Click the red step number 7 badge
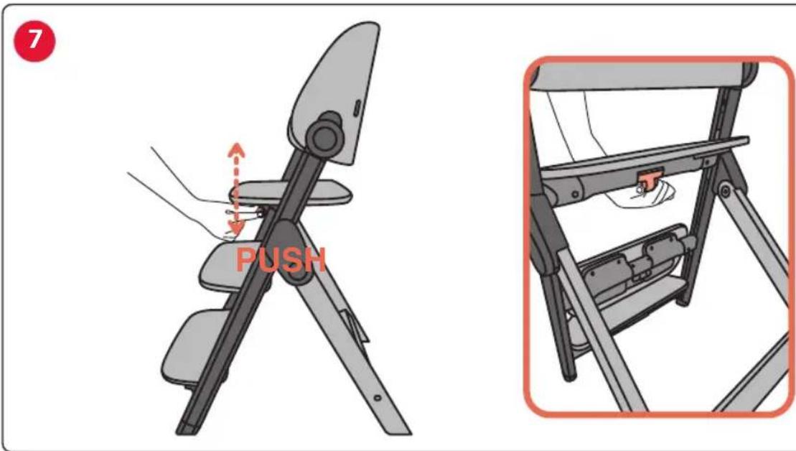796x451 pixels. coord(34,41)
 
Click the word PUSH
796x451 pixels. coord(281,260)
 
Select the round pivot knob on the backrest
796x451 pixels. coord(325,135)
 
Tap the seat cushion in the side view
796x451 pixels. coord(291,193)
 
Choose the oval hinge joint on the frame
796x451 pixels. coord(287,251)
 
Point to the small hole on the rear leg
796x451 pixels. coord(377,398)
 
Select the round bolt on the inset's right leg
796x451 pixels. coord(725,192)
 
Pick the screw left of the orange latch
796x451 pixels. coord(576,194)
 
